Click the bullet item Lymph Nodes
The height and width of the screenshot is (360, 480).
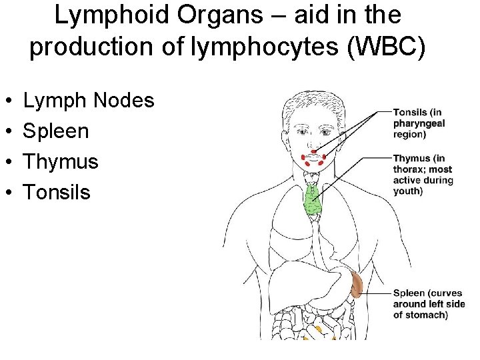[x=89, y=101]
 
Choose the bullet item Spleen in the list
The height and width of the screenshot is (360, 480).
[x=56, y=131]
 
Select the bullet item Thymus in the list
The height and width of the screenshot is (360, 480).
[x=61, y=162]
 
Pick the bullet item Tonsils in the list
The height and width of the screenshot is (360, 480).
[x=57, y=193]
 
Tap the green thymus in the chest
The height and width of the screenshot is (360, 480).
[x=312, y=199]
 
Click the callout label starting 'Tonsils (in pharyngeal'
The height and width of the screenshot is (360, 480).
[x=419, y=123]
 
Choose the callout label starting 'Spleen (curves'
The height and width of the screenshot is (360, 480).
[x=428, y=304]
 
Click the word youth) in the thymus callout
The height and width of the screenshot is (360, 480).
[x=407, y=191]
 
